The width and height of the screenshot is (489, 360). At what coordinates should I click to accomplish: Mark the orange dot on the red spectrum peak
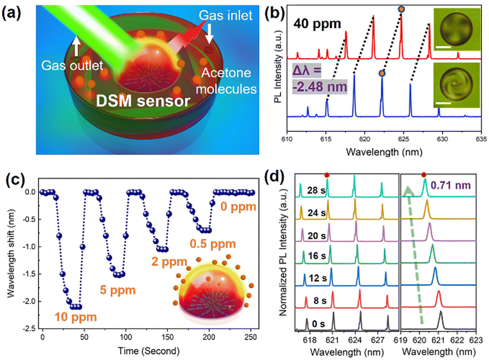pos(401,9)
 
